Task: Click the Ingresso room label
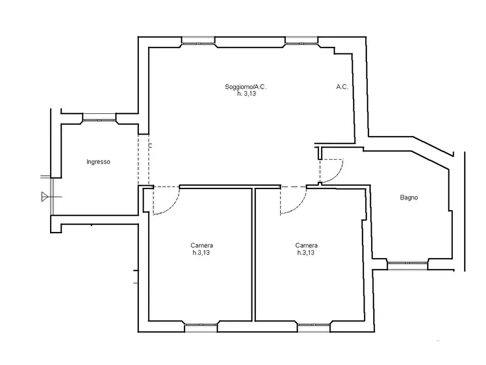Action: pos(99,162)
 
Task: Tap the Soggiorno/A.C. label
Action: pos(245,87)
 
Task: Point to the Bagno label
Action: pos(409,197)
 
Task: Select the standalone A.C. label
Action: pos(342,87)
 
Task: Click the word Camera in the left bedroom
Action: pos(202,246)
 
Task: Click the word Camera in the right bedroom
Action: pos(306,246)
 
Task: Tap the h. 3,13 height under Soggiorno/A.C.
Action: pos(247,94)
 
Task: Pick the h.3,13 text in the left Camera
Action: pos(201,253)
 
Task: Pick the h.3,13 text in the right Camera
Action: pos(306,253)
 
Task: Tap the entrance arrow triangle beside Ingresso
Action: pos(45,197)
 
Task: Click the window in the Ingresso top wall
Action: pos(99,119)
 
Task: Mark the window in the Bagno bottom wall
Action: pos(408,264)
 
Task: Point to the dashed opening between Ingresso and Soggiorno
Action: pos(144,160)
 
